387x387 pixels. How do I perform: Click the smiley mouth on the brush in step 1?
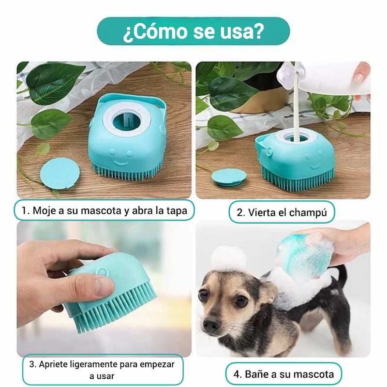pos(120,164)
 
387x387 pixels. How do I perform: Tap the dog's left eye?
pos(241,300)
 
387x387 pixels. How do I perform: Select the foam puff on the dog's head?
pos(228,258)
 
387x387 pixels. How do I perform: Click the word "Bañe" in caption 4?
pos(256,374)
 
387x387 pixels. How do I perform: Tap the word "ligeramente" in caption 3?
pos(93,365)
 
